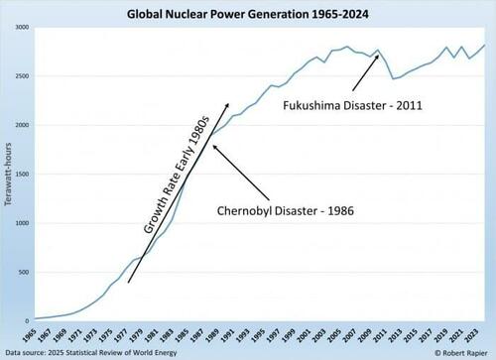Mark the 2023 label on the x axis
coord(478,334)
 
